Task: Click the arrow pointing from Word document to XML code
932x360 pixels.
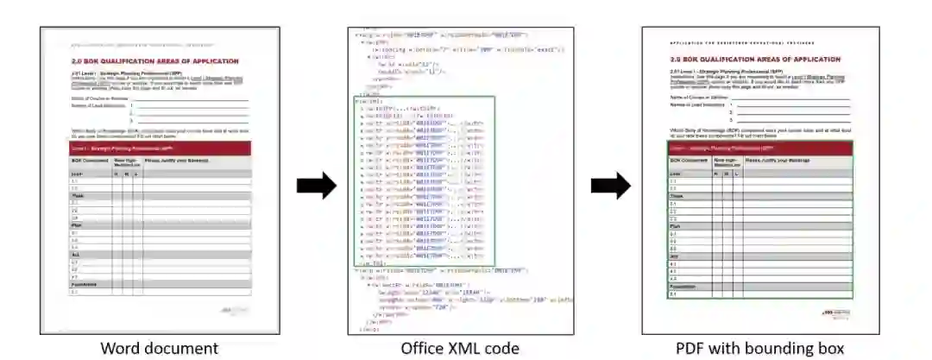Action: [316, 185]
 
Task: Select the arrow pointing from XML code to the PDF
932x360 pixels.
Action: [610, 185]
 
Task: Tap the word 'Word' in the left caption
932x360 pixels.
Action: [120, 348]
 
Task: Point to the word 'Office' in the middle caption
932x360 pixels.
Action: [422, 348]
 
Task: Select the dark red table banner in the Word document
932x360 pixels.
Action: [161, 148]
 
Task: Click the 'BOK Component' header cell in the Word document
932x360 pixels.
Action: [89, 161]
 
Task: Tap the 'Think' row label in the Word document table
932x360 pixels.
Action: [76, 195]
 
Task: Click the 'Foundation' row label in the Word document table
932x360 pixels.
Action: [84, 284]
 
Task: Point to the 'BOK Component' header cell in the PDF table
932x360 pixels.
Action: [690, 161]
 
